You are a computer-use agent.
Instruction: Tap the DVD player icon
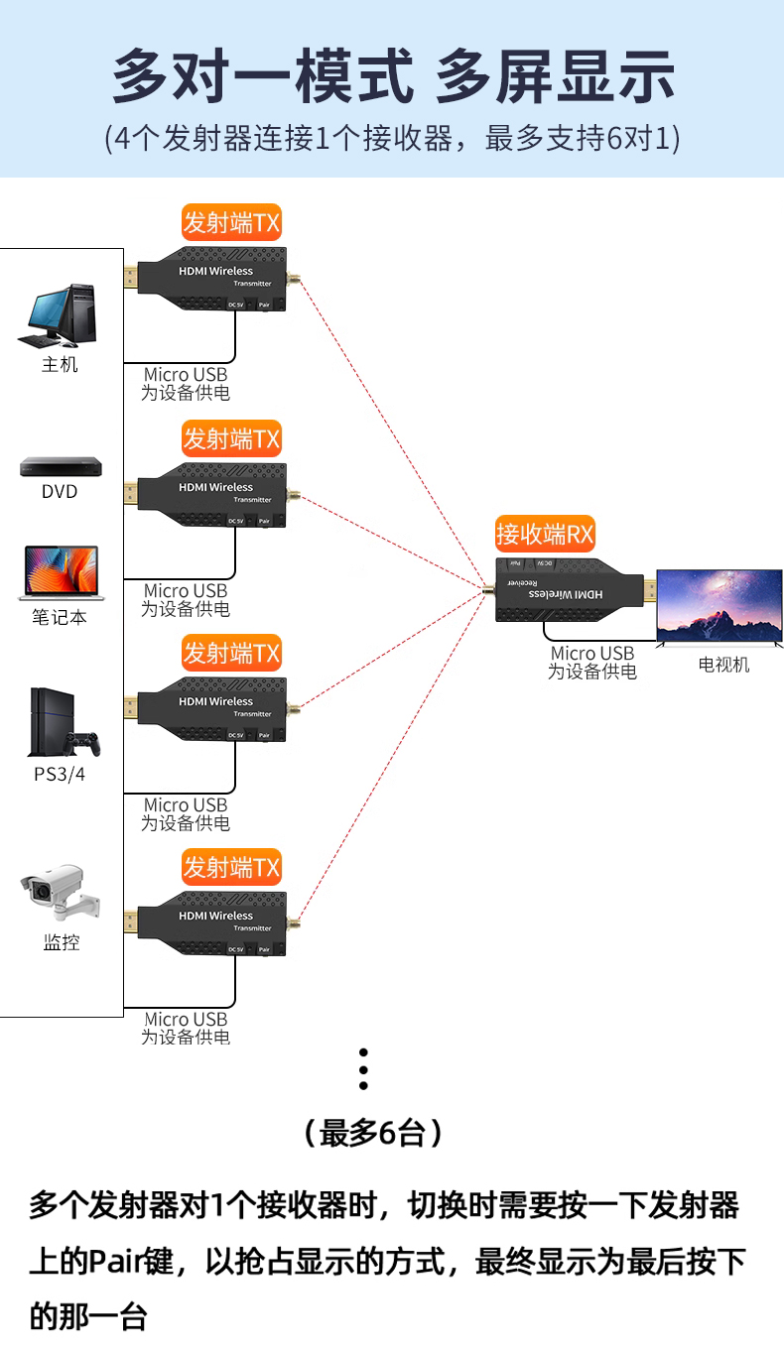[x=61, y=465]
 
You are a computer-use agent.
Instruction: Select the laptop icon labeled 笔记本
[x=61, y=573]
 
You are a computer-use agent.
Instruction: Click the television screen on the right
[x=719, y=606]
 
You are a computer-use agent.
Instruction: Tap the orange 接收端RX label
[x=545, y=536]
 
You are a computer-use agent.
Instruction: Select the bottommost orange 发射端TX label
[x=231, y=868]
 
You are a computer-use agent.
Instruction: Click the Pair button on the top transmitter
[x=264, y=306]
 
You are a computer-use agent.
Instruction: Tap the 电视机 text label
[x=723, y=665]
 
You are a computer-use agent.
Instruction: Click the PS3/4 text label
[x=60, y=774]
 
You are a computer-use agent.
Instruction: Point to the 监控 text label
[x=61, y=942]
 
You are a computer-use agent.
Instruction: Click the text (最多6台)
[x=372, y=1132]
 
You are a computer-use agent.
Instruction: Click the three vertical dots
[x=364, y=1070]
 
